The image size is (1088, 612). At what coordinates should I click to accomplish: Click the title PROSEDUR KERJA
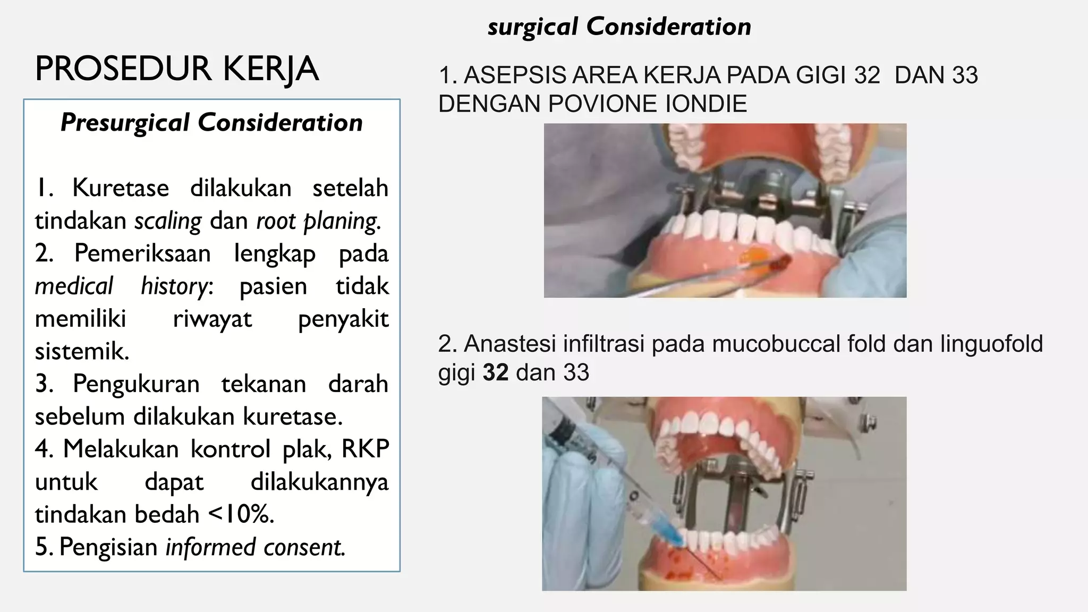point(177,69)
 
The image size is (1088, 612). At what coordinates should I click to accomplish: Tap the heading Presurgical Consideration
point(211,123)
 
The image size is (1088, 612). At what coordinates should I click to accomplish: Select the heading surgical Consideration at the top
point(619,27)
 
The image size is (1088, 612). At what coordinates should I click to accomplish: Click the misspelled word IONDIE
point(705,104)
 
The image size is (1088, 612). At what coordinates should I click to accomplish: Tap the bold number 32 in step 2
point(496,372)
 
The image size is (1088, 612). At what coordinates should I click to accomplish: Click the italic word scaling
point(168,221)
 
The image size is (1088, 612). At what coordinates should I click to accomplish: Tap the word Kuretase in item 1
point(121,188)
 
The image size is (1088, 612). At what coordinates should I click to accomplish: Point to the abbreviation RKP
point(365,449)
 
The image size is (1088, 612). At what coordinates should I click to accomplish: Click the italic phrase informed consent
point(256,547)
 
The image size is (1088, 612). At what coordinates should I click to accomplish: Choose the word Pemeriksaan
point(142,253)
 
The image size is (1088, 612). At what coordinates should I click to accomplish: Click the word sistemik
point(82,352)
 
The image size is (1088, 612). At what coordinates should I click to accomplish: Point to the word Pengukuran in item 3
point(136,384)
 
